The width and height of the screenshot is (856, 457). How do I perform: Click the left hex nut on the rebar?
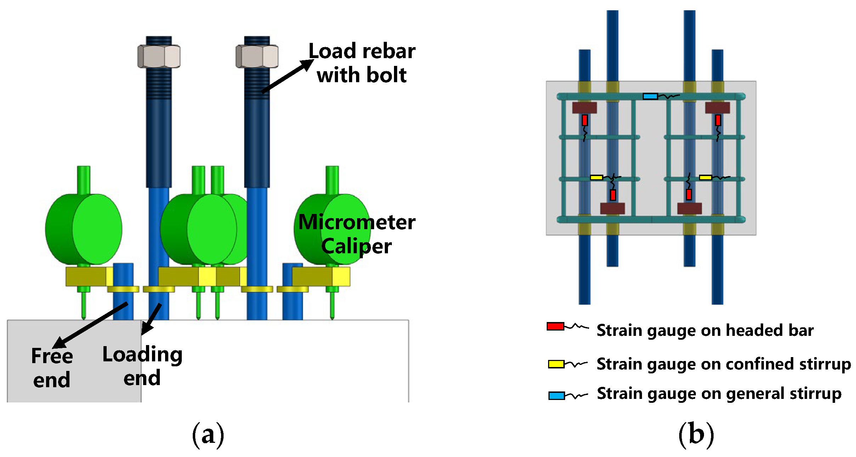(159, 56)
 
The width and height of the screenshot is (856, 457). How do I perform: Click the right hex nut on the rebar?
(257, 56)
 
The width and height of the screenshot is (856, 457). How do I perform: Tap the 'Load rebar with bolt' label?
(362, 63)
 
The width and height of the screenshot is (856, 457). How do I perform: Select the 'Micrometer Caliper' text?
(356, 234)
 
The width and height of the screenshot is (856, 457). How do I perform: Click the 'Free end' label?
(52, 367)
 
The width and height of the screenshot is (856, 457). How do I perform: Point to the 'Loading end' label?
(142, 366)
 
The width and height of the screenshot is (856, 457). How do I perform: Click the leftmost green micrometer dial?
(84, 229)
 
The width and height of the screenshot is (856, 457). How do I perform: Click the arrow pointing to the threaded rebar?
(287, 77)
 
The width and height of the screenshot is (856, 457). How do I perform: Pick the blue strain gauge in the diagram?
(650, 96)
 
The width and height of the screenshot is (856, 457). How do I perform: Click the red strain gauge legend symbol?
(555, 326)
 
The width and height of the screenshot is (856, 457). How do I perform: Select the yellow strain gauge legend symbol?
(556, 364)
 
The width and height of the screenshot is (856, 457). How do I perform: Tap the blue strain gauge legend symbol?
(556, 396)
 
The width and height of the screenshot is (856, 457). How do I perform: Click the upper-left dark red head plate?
(584, 108)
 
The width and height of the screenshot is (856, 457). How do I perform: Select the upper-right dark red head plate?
(717, 108)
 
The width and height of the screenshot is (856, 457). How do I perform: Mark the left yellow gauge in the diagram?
(596, 177)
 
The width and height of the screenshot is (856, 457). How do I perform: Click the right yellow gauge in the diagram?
(705, 177)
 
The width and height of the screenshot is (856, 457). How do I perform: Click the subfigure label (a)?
(208, 434)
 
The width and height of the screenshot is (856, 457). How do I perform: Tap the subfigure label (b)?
(696, 434)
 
